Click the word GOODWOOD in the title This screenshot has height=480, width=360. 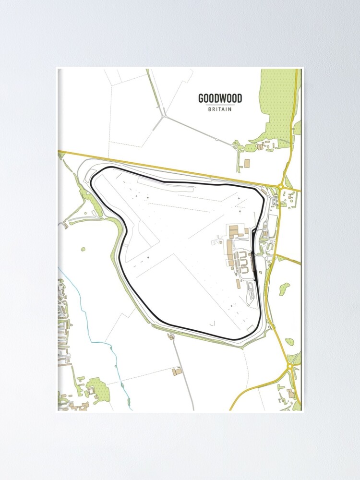point(220,99)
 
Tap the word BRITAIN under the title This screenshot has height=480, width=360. point(220,109)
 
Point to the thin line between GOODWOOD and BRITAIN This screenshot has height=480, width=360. point(220,105)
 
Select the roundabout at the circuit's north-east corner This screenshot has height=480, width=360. point(280,186)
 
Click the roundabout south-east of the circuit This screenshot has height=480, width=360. point(290,366)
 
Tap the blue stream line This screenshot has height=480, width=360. point(103,336)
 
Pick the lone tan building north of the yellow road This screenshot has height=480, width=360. point(247,163)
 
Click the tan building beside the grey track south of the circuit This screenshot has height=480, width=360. point(178,372)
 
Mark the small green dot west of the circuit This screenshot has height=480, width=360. point(83,249)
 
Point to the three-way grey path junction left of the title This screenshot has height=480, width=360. point(164,116)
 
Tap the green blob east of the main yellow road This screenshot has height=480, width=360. point(285,288)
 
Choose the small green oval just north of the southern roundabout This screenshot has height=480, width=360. point(289,342)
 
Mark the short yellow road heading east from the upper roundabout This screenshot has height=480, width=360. point(293,189)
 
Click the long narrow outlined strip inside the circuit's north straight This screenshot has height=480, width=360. point(166,184)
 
